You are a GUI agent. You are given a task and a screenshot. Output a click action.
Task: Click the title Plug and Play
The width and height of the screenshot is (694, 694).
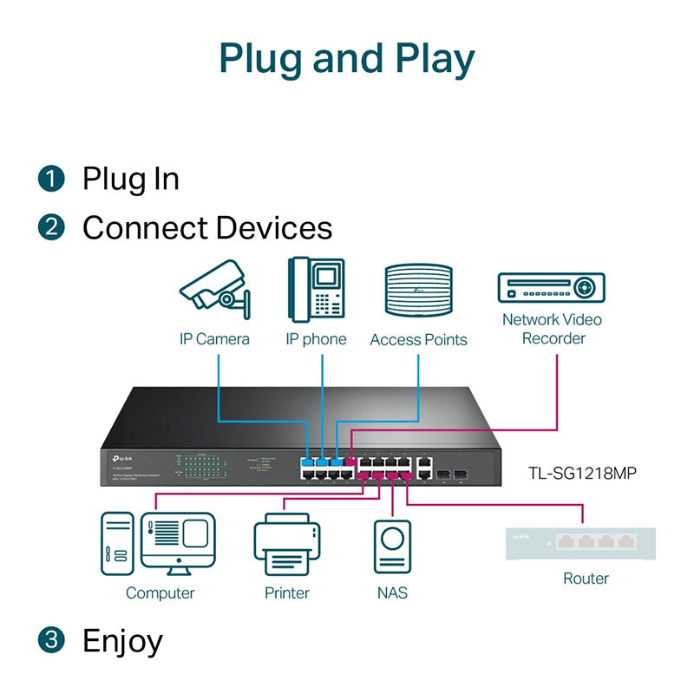(347, 58)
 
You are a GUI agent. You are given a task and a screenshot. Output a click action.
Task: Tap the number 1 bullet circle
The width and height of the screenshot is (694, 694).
(52, 179)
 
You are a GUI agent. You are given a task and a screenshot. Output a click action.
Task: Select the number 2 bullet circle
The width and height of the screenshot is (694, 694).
(52, 228)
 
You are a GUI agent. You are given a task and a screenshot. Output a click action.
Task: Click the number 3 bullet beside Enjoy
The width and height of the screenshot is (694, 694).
(52, 641)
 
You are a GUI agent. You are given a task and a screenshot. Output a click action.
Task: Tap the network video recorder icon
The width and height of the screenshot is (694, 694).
(551, 287)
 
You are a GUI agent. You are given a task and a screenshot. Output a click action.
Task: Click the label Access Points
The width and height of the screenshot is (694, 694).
(418, 340)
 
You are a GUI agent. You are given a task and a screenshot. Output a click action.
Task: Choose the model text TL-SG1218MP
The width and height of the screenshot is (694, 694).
(583, 474)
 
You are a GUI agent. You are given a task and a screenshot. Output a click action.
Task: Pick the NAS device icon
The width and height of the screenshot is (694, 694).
(392, 546)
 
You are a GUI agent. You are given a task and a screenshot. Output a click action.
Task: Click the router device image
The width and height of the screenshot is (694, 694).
(580, 543)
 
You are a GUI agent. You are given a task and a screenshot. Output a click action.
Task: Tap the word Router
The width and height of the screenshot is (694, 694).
(586, 579)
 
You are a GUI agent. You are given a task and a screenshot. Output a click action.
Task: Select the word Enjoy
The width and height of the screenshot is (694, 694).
(122, 641)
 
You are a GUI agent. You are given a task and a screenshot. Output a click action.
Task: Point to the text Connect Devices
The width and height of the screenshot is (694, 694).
(207, 228)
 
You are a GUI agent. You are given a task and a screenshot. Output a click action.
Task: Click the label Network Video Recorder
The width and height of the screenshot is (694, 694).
(553, 329)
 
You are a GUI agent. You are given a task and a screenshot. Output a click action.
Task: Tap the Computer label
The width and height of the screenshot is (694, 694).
(160, 593)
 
